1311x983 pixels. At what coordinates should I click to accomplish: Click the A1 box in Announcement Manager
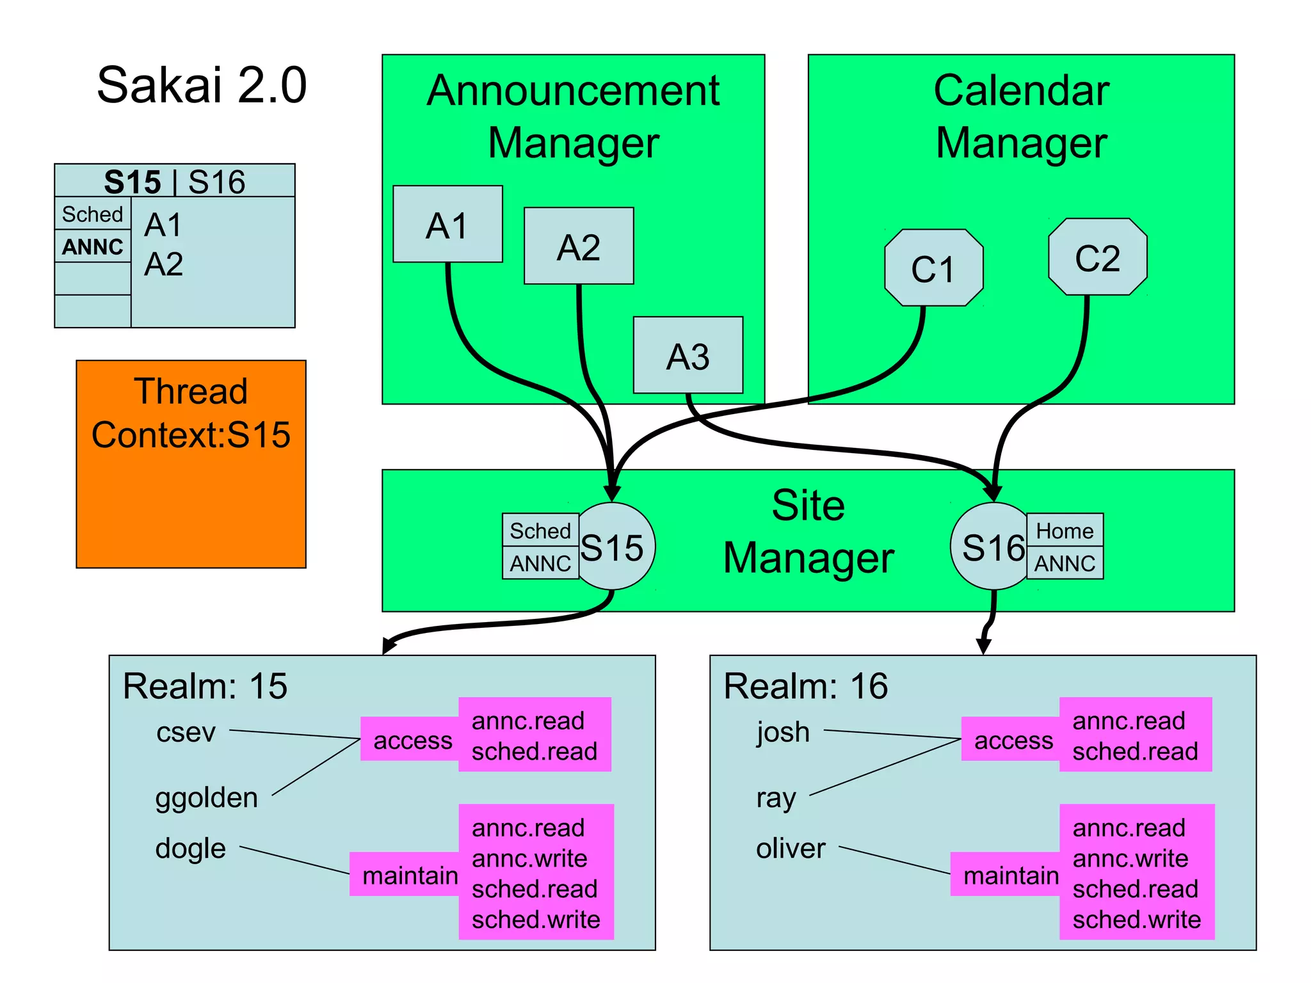(447, 224)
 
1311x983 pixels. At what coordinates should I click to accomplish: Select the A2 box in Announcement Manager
(579, 246)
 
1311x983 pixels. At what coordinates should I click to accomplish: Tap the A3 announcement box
(688, 355)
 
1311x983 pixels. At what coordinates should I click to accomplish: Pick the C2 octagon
(1097, 257)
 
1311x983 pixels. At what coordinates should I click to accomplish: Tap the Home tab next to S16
(1065, 531)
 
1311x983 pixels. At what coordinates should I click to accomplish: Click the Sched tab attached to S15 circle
(540, 531)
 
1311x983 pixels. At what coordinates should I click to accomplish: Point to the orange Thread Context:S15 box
(191, 463)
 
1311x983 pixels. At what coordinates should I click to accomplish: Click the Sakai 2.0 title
(202, 84)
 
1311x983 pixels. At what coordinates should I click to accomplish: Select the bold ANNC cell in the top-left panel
(93, 246)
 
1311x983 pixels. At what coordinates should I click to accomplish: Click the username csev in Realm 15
(186, 731)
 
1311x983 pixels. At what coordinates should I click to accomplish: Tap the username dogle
(190, 848)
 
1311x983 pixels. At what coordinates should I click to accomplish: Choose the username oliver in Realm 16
(791, 848)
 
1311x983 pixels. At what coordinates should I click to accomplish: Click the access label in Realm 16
(1013, 740)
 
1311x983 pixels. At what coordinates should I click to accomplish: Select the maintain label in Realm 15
(410, 875)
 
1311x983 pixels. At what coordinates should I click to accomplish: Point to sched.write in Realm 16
(1136, 919)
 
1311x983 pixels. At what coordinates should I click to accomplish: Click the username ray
(776, 797)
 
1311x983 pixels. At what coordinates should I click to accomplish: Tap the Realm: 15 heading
(205, 686)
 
